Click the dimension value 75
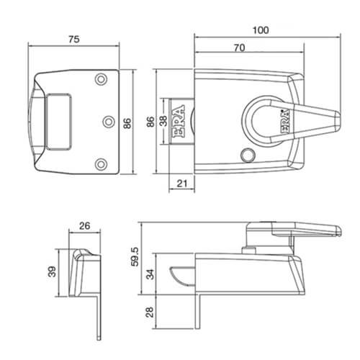(x=74, y=40)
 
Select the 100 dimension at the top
(x=261, y=30)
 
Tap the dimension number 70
(x=240, y=48)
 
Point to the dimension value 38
(x=163, y=121)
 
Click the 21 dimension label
(x=182, y=184)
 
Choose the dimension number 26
(x=84, y=226)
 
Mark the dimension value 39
(x=52, y=271)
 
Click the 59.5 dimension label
(x=135, y=257)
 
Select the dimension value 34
(x=150, y=274)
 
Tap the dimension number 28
(x=149, y=312)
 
